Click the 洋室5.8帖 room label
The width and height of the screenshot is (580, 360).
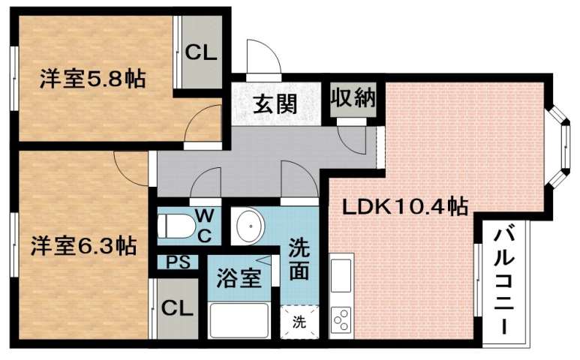(x=92, y=78)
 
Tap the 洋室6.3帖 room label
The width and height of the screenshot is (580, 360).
(x=83, y=245)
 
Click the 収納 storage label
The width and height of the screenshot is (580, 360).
(x=354, y=99)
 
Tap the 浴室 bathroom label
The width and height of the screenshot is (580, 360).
(x=239, y=278)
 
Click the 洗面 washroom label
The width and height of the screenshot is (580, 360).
(x=300, y=259)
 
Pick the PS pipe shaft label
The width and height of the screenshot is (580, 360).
(x=177, y=262)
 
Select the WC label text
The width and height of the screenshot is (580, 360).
(x=204, y=224)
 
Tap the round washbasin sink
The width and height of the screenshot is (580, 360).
(x=248, y=223)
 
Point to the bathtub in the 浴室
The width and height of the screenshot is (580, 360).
(x=239, y=319)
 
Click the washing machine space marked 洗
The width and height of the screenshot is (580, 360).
(x=299, y=322)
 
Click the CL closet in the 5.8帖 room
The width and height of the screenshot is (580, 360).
(x=200, y=52)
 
